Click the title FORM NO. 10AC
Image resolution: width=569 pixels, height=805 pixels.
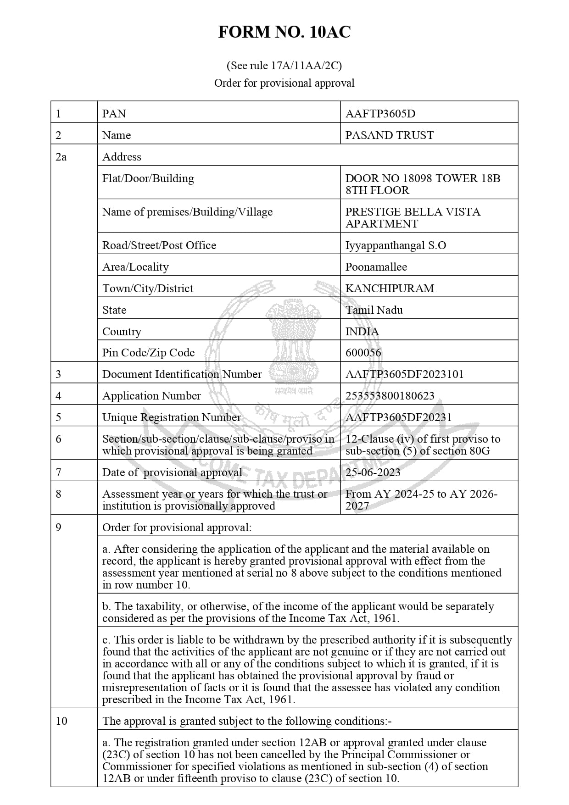[x=284, y=32]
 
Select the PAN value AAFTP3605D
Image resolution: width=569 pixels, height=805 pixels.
[x=380, y=114]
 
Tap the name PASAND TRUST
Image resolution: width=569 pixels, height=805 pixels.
[x=389, y=135]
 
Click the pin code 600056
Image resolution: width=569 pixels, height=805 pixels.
[x=363, y=353]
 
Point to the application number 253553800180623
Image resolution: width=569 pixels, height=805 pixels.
[x=390, y=396]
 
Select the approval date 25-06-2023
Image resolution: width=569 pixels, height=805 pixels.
[x=373, y=472]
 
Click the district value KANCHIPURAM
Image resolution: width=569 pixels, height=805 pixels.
[x=389, y=289]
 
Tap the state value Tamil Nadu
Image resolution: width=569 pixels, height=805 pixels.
[x=374, y=310]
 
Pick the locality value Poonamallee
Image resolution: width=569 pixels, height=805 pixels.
[x=376, y=267]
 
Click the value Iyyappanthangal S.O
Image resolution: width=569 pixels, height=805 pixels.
[x=396, y=245]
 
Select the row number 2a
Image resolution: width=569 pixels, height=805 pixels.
[x=61, y=157]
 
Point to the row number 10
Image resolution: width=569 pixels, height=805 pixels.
[x=61, y=721]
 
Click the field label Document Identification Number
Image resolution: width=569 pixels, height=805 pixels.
[x=182, y=374]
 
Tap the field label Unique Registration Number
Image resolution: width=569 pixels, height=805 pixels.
[x=171, y=417]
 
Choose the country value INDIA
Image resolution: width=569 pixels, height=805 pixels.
[x=362, y=332]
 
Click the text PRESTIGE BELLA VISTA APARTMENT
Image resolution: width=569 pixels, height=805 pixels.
[x=413, y=218]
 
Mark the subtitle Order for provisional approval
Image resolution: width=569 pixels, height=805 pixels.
[x=284, y=83]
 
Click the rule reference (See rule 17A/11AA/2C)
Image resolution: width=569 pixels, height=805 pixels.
[x=284, y=66]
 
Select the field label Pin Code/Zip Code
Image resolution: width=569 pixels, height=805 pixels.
[x=148, y=353]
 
